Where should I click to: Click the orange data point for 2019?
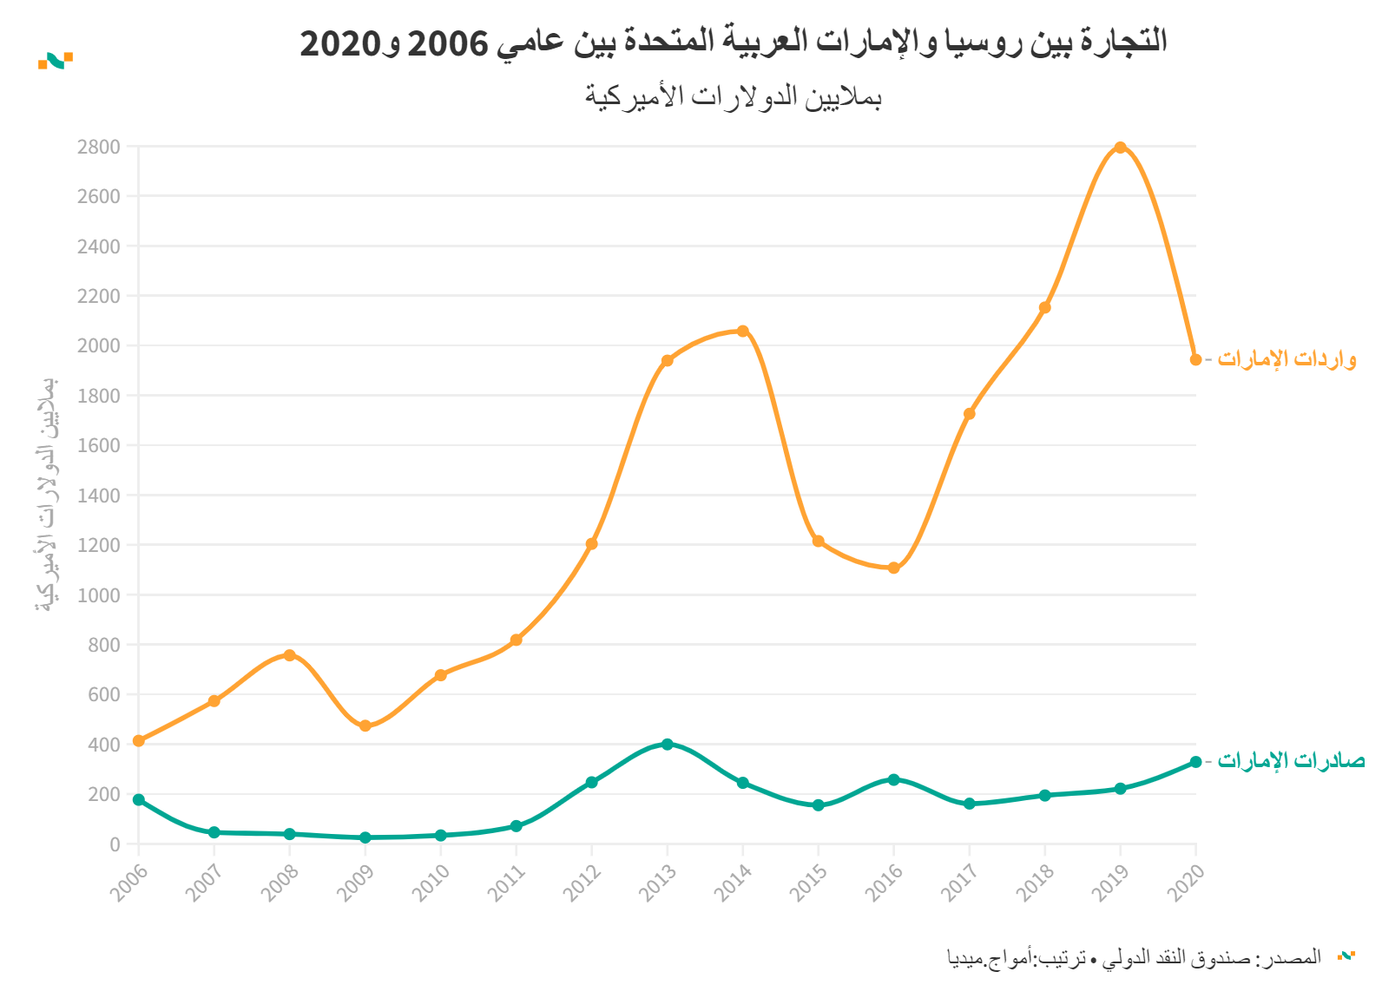(x=1120, y=148)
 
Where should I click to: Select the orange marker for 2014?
(x=742, y=331)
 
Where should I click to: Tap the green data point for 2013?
(x=667, y=744)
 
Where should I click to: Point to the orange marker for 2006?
(x=139, y=740)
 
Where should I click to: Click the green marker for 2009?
(x=365, y=837)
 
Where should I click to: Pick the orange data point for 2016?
(x=893, y=568)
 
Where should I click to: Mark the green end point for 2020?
(x=1195, y=762)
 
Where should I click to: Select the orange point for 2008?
(x=290, y=655)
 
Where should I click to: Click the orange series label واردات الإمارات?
(x=1287, y=359)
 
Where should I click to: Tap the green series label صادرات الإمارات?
(x=1291, y=761)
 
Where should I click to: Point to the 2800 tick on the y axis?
(x=98, y=147)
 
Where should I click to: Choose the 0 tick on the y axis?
(x=115, y=844)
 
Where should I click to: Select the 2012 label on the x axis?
(x=582, y=883)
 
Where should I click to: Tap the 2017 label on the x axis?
(x=960, y=883)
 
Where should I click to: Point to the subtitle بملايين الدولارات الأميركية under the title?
(x=734, y=96)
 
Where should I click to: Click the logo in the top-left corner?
(x=56, y=60)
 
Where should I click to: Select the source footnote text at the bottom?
(x=1134, y=957)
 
